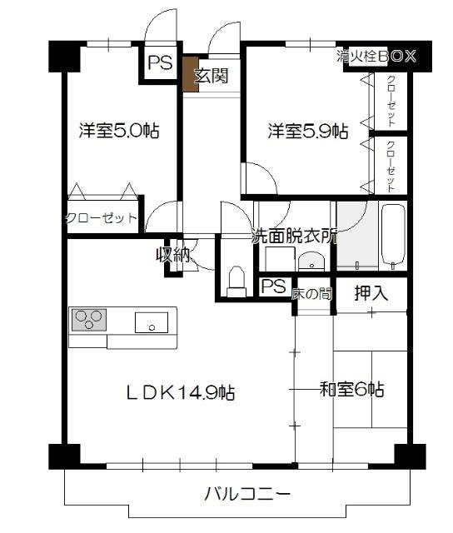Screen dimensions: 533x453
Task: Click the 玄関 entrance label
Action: coord(211,77)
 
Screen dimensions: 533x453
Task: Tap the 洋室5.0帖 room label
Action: coord(119,131)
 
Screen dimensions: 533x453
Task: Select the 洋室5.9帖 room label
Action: coord(307,131)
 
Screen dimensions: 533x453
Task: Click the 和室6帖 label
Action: coord(352,389)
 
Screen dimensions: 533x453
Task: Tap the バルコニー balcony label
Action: coord(248,494)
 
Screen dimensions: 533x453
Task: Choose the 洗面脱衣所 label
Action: coord(295,236)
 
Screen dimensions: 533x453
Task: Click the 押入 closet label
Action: coord(371,293)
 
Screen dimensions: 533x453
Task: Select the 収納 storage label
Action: coord(174,255)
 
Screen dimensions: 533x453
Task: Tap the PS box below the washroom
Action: coord(272,287)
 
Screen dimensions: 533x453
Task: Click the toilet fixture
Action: coord(236,281)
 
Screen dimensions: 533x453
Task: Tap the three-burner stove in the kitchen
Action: coord(89,319)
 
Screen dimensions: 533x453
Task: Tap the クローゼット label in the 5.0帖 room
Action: coord(101,218)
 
